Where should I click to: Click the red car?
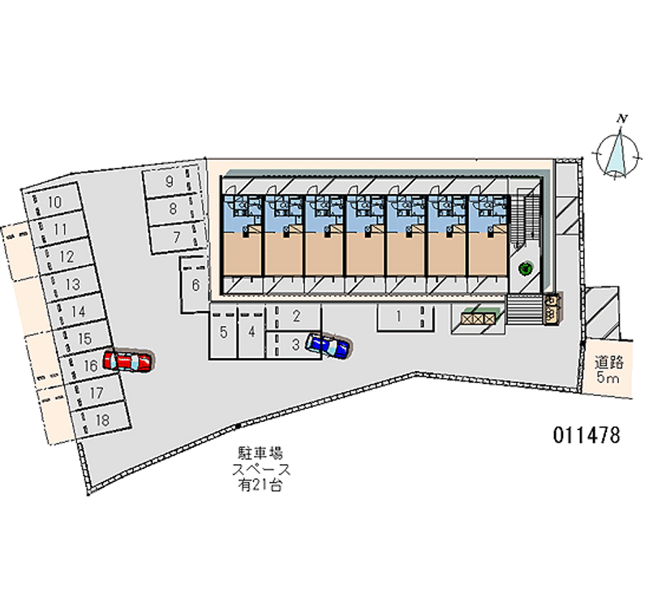point(130,361)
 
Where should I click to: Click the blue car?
point(328,347)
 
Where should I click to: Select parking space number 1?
point(399,317)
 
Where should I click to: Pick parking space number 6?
point(195,284)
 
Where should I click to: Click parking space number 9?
point(170,182)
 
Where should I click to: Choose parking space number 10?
point(55,201)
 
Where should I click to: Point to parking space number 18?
point(102,420)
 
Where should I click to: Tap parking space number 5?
point(223,331)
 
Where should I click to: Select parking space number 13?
point(73,284)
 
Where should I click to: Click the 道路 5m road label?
point(608,370)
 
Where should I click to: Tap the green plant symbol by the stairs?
point(525,266)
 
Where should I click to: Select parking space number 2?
point(297,316)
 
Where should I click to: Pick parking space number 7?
point(175,237)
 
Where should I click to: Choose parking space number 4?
point(252,331)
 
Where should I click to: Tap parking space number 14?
point(79,311)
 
